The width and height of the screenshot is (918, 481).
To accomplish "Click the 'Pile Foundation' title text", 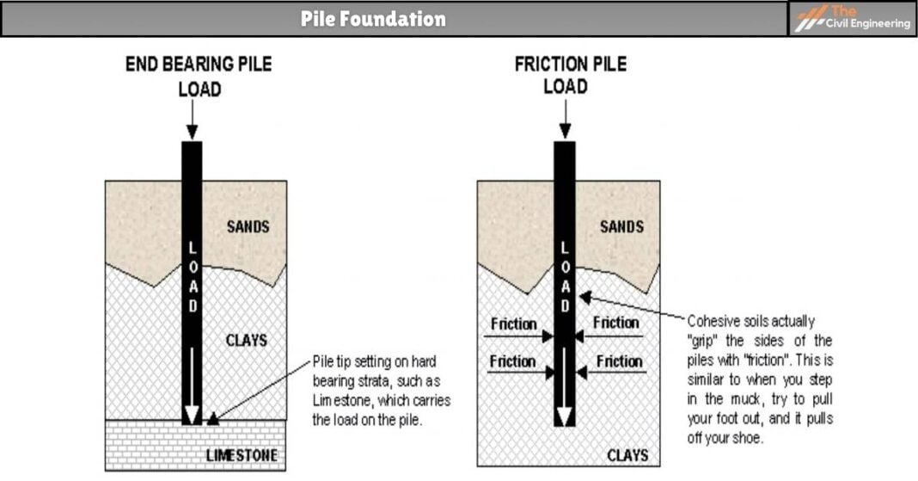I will point(373,19).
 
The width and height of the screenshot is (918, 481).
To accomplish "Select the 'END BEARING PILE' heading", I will point(199,65).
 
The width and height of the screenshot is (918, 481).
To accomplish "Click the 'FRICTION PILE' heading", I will point(570,65).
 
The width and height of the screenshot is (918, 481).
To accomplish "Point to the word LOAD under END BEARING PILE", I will point(199,89).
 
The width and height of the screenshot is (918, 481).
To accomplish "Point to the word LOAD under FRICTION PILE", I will point(566,87).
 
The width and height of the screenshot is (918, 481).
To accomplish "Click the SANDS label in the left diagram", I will point(248,227).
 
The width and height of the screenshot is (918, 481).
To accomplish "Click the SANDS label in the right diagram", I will point(621,227).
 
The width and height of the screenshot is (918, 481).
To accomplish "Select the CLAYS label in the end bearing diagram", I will point(247,341).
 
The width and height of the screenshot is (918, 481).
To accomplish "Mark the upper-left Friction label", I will point(513,324).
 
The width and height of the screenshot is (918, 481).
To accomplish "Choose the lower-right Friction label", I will point(619,361).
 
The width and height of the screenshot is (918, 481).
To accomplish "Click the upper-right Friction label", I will point(616,323).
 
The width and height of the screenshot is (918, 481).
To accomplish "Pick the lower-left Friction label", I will point(512,361).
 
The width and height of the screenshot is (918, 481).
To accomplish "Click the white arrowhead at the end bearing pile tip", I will point(192,415).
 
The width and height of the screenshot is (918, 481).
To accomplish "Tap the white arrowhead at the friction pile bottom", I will point(564,416).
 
